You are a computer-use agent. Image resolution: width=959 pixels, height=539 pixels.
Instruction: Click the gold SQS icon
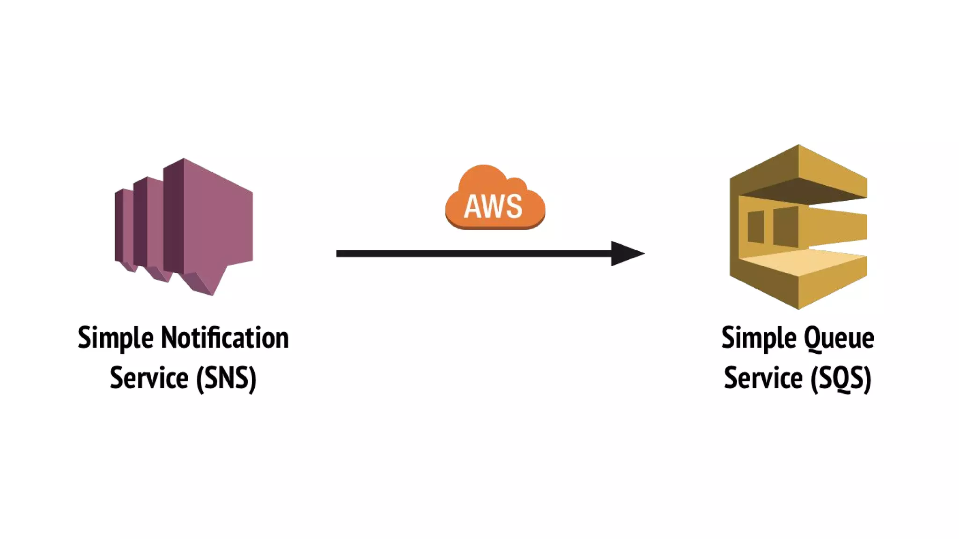click(x=798, y=227)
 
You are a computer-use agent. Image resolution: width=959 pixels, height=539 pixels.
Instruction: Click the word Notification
click(x=225, y=338)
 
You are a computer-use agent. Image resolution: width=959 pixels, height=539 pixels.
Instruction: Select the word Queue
click(x=839, y=338)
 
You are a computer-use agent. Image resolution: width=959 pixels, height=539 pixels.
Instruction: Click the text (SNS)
click(x=226, y=378)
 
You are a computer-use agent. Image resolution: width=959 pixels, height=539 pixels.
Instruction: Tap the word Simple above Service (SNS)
click(x=116, y=338)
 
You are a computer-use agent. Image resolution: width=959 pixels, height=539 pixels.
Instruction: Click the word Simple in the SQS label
click(x=759, y=338)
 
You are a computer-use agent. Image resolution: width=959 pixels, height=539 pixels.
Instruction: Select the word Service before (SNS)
click(x=149, y=378)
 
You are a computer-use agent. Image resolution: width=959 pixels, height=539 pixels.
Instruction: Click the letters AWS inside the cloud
click(x=493, y=206)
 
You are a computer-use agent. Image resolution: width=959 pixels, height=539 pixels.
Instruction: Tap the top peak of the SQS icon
click(x=798, y=147)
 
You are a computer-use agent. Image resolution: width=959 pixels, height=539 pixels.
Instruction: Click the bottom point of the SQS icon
click(x=798, y=307)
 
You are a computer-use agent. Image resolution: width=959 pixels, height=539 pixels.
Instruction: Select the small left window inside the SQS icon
click(x=756, y=226)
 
